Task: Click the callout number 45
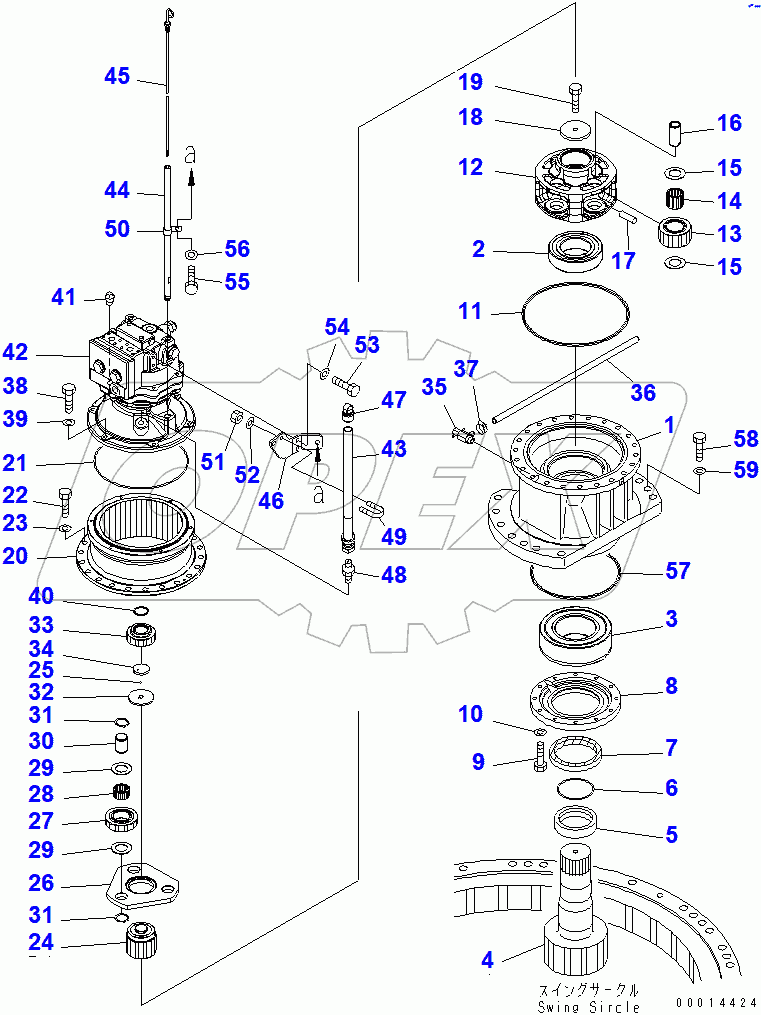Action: (x=118, y=76)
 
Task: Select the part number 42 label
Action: (x=43, y=353)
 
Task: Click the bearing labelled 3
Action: (x=577, y=636)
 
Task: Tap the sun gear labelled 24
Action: (x=141, y=942)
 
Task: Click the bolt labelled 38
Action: (x=68, y=396)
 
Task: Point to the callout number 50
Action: (x=118, y=229)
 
